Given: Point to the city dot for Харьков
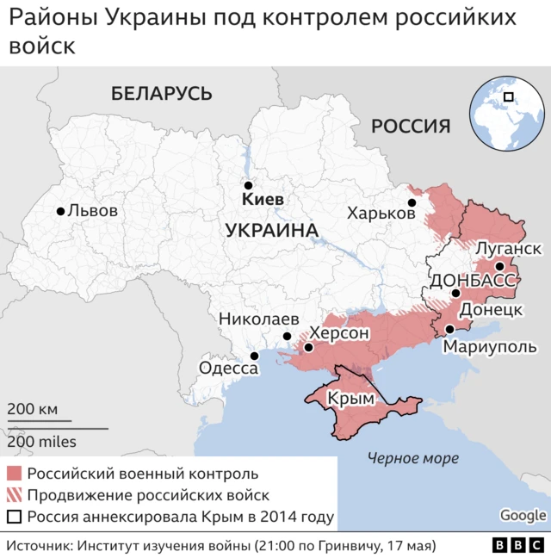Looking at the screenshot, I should tap(412, 203).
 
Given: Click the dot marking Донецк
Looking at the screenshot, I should tap(455, 294).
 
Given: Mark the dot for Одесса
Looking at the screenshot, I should tap(254, 356).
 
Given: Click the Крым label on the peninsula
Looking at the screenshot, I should tap(356, 400).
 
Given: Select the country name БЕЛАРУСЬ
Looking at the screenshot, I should tap(161, 93).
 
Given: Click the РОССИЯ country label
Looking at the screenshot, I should tap(411, 127).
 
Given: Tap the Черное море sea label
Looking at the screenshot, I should tap(412, 458).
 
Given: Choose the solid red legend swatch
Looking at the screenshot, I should tap(14, 474).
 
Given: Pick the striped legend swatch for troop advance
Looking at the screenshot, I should tap(14, 495).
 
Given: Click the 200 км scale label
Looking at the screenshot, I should tap(33, 409).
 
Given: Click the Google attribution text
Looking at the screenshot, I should tap(523, 515).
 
